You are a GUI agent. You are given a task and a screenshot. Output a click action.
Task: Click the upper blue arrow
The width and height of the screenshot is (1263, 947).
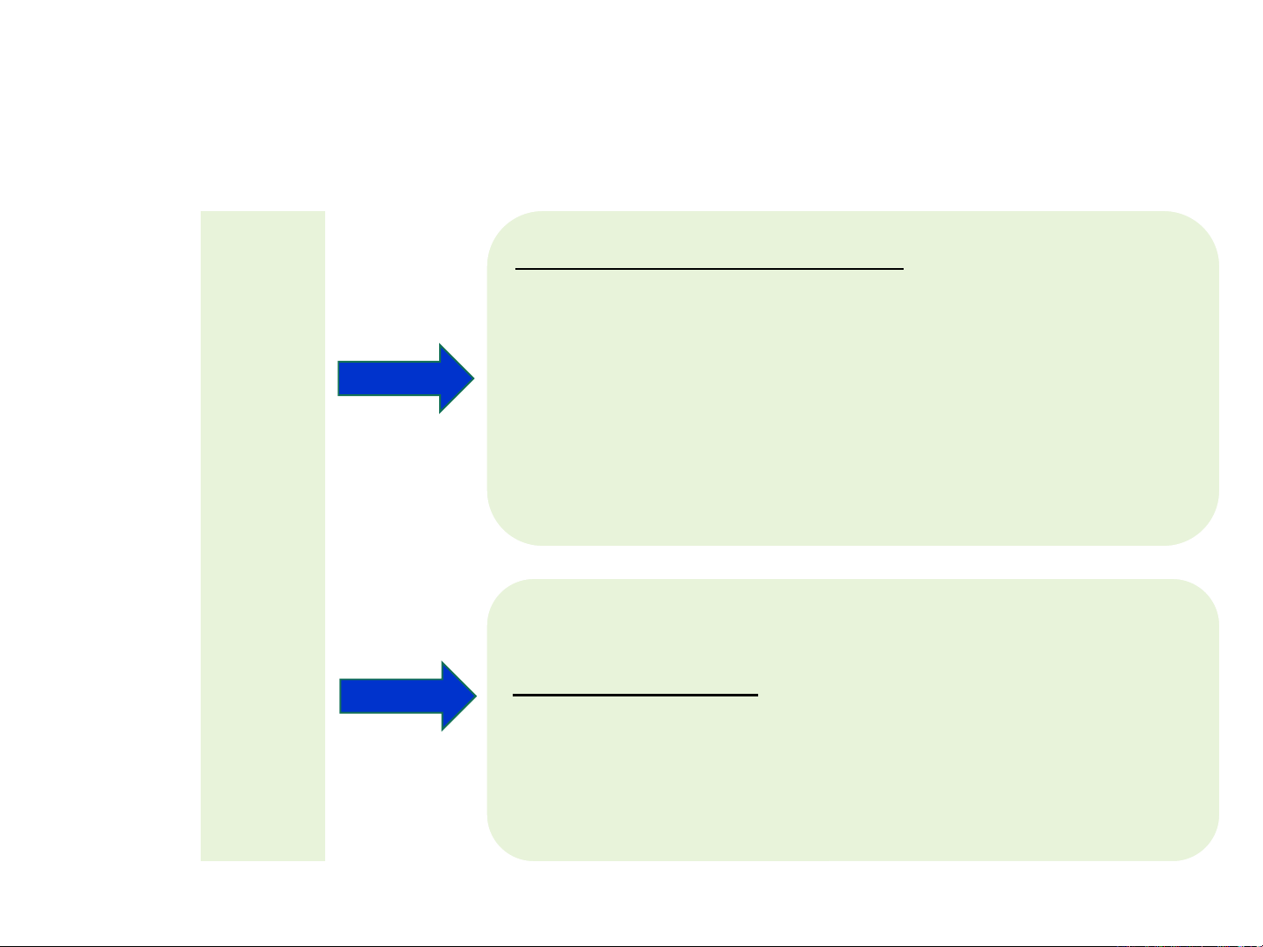tap(406, 378)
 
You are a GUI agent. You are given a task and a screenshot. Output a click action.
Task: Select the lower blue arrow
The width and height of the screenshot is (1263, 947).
tap(408, 696)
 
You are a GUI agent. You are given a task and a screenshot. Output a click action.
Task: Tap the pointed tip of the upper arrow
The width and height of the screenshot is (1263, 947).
tap(472, 378)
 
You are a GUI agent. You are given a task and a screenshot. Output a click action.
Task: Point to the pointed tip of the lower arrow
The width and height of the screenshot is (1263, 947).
tap(474, 696)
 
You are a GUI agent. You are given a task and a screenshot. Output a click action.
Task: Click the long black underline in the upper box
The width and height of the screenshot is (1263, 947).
tap(709, 270)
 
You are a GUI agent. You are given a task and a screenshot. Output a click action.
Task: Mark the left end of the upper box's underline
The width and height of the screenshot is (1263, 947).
tap(517, 270)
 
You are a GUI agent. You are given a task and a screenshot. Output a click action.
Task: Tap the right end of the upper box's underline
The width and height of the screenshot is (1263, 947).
tap(902, 270)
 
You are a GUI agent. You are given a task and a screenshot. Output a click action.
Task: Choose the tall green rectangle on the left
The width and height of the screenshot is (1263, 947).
tap(263, 535)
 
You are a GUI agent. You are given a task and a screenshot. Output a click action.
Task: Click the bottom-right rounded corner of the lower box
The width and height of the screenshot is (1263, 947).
tap(1203, 845)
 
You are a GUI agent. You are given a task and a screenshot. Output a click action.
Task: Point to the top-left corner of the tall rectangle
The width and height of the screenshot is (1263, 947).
tap(202, 213)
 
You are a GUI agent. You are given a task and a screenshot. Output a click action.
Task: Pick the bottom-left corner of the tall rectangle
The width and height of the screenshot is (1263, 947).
tap(202, 859)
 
